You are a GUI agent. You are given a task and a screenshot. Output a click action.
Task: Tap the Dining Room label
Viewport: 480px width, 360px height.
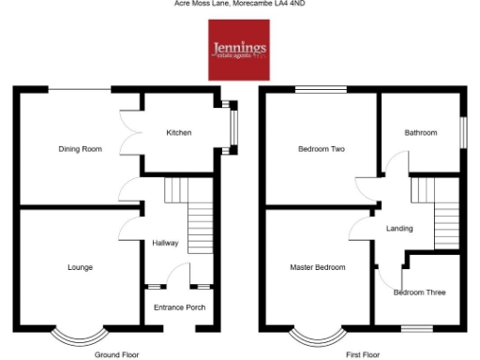point(80,148)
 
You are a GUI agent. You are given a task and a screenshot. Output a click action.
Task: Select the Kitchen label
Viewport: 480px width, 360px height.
point(179,133)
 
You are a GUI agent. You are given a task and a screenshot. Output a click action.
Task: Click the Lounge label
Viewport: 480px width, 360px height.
point(80,267)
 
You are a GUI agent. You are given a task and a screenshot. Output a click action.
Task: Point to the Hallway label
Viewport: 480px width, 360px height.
point(165,244)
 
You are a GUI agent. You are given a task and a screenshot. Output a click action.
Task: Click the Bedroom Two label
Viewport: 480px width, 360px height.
point(321,148)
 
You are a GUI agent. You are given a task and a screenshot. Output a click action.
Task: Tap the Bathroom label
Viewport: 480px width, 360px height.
point(421,133)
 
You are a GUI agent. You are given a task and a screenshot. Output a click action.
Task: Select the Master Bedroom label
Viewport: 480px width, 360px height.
point(317,267)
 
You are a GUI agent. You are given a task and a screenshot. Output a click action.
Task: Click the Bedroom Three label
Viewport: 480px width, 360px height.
point(419,292)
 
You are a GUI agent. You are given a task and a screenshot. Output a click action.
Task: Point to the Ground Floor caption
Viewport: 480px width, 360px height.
point(117,355)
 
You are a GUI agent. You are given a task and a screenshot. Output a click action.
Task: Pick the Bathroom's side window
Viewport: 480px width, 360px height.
point(463,131)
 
